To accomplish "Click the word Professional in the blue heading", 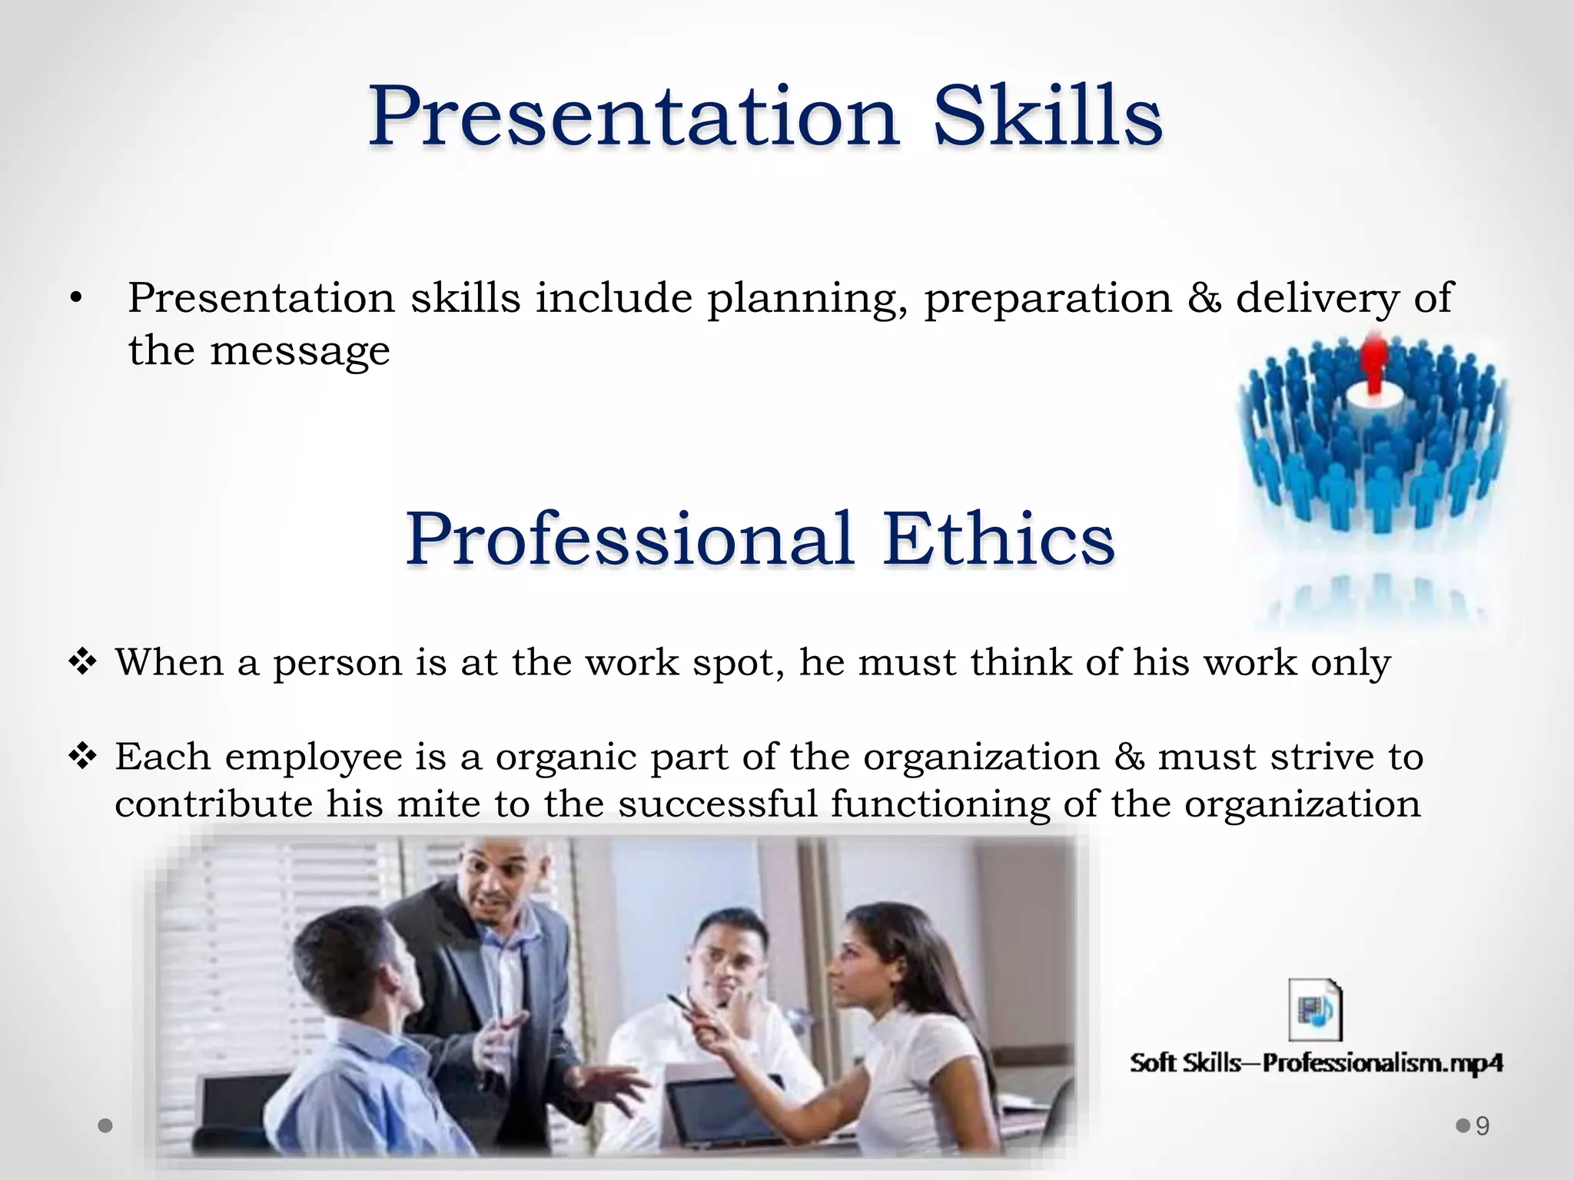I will pyautogui.click(x=630, y=539).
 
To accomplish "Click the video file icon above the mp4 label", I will pyautogui.click(x=1315, y=1009).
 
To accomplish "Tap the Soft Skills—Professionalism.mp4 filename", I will pyautogui.click(x=1315, y=1063).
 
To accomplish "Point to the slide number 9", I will pyautogui.click(x=1483, y=1126).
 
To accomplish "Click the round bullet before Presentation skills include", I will pyautogui.click(x=75, y=300).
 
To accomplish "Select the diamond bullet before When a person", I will pyautogui.click(x=82, y=661).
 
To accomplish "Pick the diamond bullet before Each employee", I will pyautogui.click(x=82, y=757).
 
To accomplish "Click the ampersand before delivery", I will pyautogui.click(x=1204, y=298).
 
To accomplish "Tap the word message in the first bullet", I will pyautogui.click(x=300, y=352).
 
